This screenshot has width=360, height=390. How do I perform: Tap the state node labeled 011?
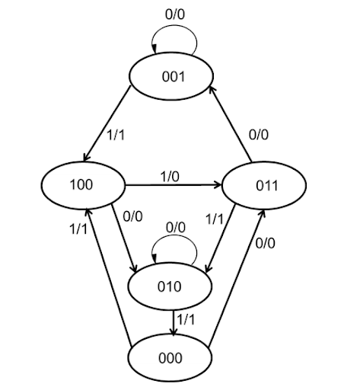[263, 185]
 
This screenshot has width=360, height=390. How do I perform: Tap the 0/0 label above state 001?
[174, 13]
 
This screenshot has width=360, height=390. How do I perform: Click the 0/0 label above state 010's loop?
[176, 226]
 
